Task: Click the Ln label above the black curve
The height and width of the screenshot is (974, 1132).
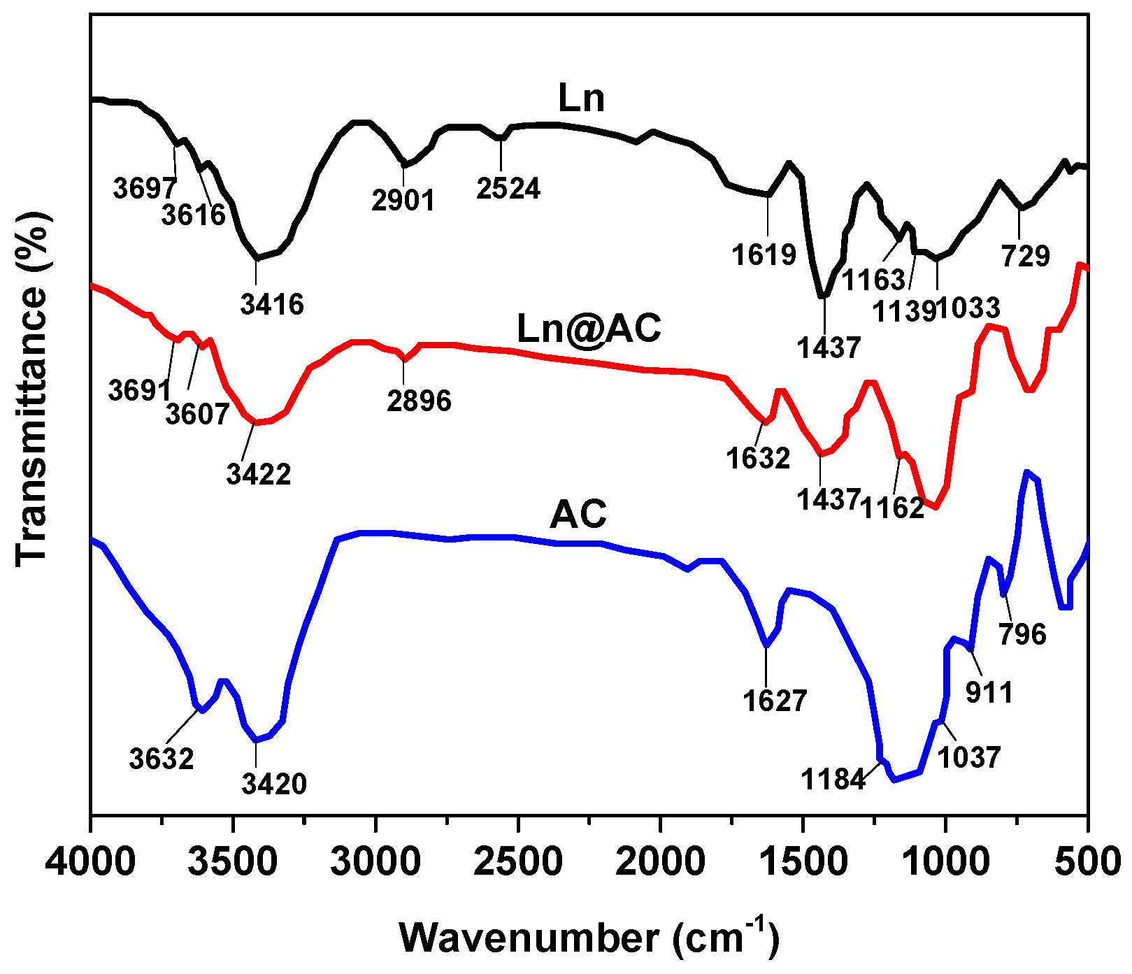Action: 580,99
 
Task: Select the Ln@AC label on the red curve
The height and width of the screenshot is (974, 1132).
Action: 589,328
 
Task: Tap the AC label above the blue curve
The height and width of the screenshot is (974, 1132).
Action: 578,515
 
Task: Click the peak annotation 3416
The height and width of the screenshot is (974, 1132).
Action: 272,304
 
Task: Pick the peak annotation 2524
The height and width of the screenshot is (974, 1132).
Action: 508,189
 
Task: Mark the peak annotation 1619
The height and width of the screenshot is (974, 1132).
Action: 764,255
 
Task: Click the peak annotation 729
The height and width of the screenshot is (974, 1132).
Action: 1026,257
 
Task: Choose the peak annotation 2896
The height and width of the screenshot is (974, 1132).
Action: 420,401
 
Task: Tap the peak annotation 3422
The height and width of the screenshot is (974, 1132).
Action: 258,475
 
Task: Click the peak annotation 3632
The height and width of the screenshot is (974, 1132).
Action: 162,759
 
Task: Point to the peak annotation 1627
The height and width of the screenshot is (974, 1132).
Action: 775,701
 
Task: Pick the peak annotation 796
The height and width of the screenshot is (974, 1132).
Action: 1022,635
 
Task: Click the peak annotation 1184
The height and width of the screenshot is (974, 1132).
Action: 833,779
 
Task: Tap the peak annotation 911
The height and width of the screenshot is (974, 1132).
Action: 989,692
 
